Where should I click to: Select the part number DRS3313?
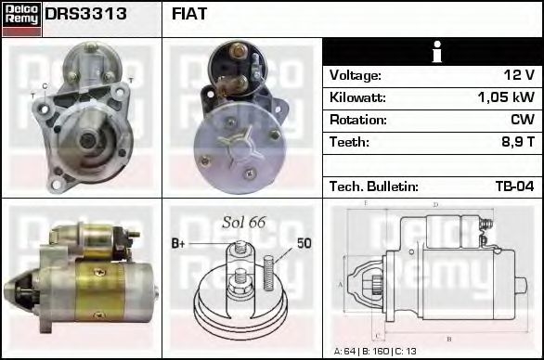[86, 15]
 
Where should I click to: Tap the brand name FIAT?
[190, 15]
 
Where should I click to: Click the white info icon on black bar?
[432, 52]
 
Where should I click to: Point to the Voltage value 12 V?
[517, 75]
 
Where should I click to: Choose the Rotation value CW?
[523, 120]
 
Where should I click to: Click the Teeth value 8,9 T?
[514, 142]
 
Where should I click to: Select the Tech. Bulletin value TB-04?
[514, 186]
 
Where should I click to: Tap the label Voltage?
[356, 75]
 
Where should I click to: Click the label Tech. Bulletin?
[370, 186]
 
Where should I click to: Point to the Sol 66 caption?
[244, 222]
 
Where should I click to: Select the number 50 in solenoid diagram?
[304, 243]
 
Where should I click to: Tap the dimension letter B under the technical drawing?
[449, 339]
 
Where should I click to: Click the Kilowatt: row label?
[357, 97]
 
